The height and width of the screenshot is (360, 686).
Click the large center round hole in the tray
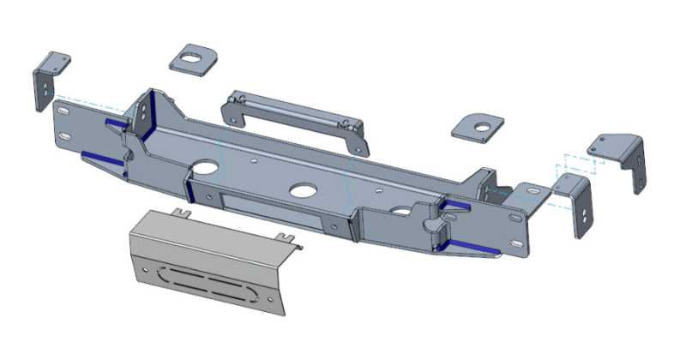click(x=301, y=191)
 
